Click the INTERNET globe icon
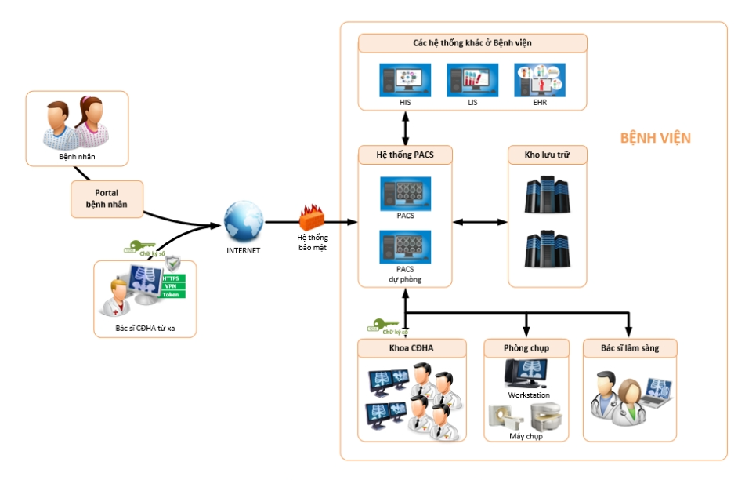click(x=243, y=222)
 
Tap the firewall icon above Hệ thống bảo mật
click(x=312, y=217)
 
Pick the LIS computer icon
click(x=472, y=81)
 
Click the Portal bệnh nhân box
click(x=107, y=199)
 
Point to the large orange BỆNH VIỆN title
click(x=655, y=138)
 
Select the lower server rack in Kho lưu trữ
click(x=546, y=249)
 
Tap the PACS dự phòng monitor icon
click(x=404, y=247)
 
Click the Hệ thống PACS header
click(x=406, y=155)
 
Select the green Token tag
click(x=174, y=295)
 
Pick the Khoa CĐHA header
click(x=411, y=348)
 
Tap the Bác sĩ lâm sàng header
click(x=628, y=348)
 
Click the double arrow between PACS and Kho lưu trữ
click(x=480, y=223)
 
